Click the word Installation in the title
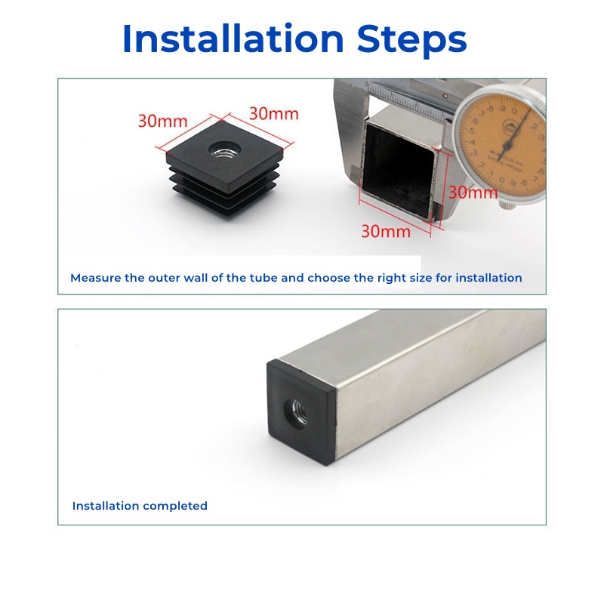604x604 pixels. tap(233, 39)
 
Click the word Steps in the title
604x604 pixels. tap(411, 41)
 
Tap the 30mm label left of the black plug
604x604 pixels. tap(163, 121)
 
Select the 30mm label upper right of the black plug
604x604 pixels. tap(274, 114)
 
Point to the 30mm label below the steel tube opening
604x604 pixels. tap(386, 231)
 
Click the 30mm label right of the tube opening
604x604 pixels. tap(473, 192)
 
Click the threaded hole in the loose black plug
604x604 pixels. tap(225, 149)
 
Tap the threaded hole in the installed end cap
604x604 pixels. tap(297, 412)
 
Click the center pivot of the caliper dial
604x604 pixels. tap(507, 145)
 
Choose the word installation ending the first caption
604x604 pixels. tap(488, 278)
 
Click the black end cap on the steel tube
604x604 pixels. tap(301, 412)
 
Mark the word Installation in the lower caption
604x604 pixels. tap(106, 506)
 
